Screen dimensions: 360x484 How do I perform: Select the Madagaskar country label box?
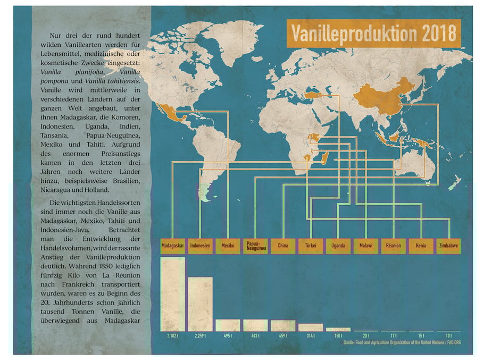pyautogui.click(x=172, y=246)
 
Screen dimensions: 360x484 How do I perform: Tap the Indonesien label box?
pyautogui.click(x=200, y=246)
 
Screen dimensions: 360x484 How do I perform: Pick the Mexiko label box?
pyautogui.click(x=228, y=246)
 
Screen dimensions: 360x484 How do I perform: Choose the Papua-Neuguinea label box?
pyautogui.click(x=255, y=246)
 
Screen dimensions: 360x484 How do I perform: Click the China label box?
pyautogui.click(x=283, y=246)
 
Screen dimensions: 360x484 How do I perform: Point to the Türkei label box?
pyautogui.click(x=311, y=246)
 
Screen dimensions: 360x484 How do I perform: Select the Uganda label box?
pyautogui.click(x=338, y=246)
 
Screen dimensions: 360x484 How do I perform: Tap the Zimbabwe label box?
pyautogui.click(x=448, y=246)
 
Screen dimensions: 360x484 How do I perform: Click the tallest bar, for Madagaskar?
pyautogui.click(x=172, y=294)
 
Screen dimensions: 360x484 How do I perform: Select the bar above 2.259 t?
pyautogui.click(x=200, y=304)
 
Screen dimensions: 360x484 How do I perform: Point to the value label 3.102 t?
pyautogui.click(x=172, y=336)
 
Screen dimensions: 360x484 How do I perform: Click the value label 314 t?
pyautogui.click(x=311, y=336)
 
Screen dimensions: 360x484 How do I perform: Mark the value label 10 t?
pyautogui.click(x=448, y=336)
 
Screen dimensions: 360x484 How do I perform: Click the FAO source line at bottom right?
pyautogui.click(x=402, y=342)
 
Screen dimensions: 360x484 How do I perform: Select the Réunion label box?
pyautogui.click(x=394, y=246)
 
